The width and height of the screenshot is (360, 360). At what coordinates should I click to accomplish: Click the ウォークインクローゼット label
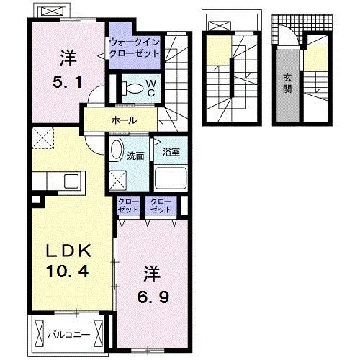point(135,48)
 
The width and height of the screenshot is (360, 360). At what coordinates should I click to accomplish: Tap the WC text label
point(151,88)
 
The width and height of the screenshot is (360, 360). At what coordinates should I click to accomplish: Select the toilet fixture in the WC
point(132,88)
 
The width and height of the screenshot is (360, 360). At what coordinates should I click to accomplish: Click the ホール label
point(124,120)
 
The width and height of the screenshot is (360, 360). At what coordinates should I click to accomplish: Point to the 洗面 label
point(135,156)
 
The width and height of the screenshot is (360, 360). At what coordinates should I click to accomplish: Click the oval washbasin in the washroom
point(117,149)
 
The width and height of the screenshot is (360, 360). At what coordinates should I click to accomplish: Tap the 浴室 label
point(171,152)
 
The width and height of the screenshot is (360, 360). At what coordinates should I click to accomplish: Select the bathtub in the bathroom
point(171,178)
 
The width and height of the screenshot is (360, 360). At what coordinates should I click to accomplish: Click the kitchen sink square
point(71,181)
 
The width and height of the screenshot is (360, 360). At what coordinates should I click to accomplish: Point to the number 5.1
point(68,82)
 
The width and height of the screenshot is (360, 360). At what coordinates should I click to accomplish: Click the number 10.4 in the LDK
point(68,271)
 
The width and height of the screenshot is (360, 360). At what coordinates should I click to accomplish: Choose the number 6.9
point(153,297)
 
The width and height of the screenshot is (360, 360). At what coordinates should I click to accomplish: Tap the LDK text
point(68,251)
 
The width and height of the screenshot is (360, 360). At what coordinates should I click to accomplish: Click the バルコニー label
point(68,335)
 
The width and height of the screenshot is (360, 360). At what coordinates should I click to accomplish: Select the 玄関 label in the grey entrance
point(287,84)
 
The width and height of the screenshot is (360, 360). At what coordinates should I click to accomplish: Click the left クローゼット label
point(128,205)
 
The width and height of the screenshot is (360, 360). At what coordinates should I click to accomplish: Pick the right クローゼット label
point(161,205)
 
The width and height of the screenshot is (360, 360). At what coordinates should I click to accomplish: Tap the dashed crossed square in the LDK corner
point(42,138)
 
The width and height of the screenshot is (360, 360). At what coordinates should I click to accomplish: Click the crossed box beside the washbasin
point(118,181)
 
